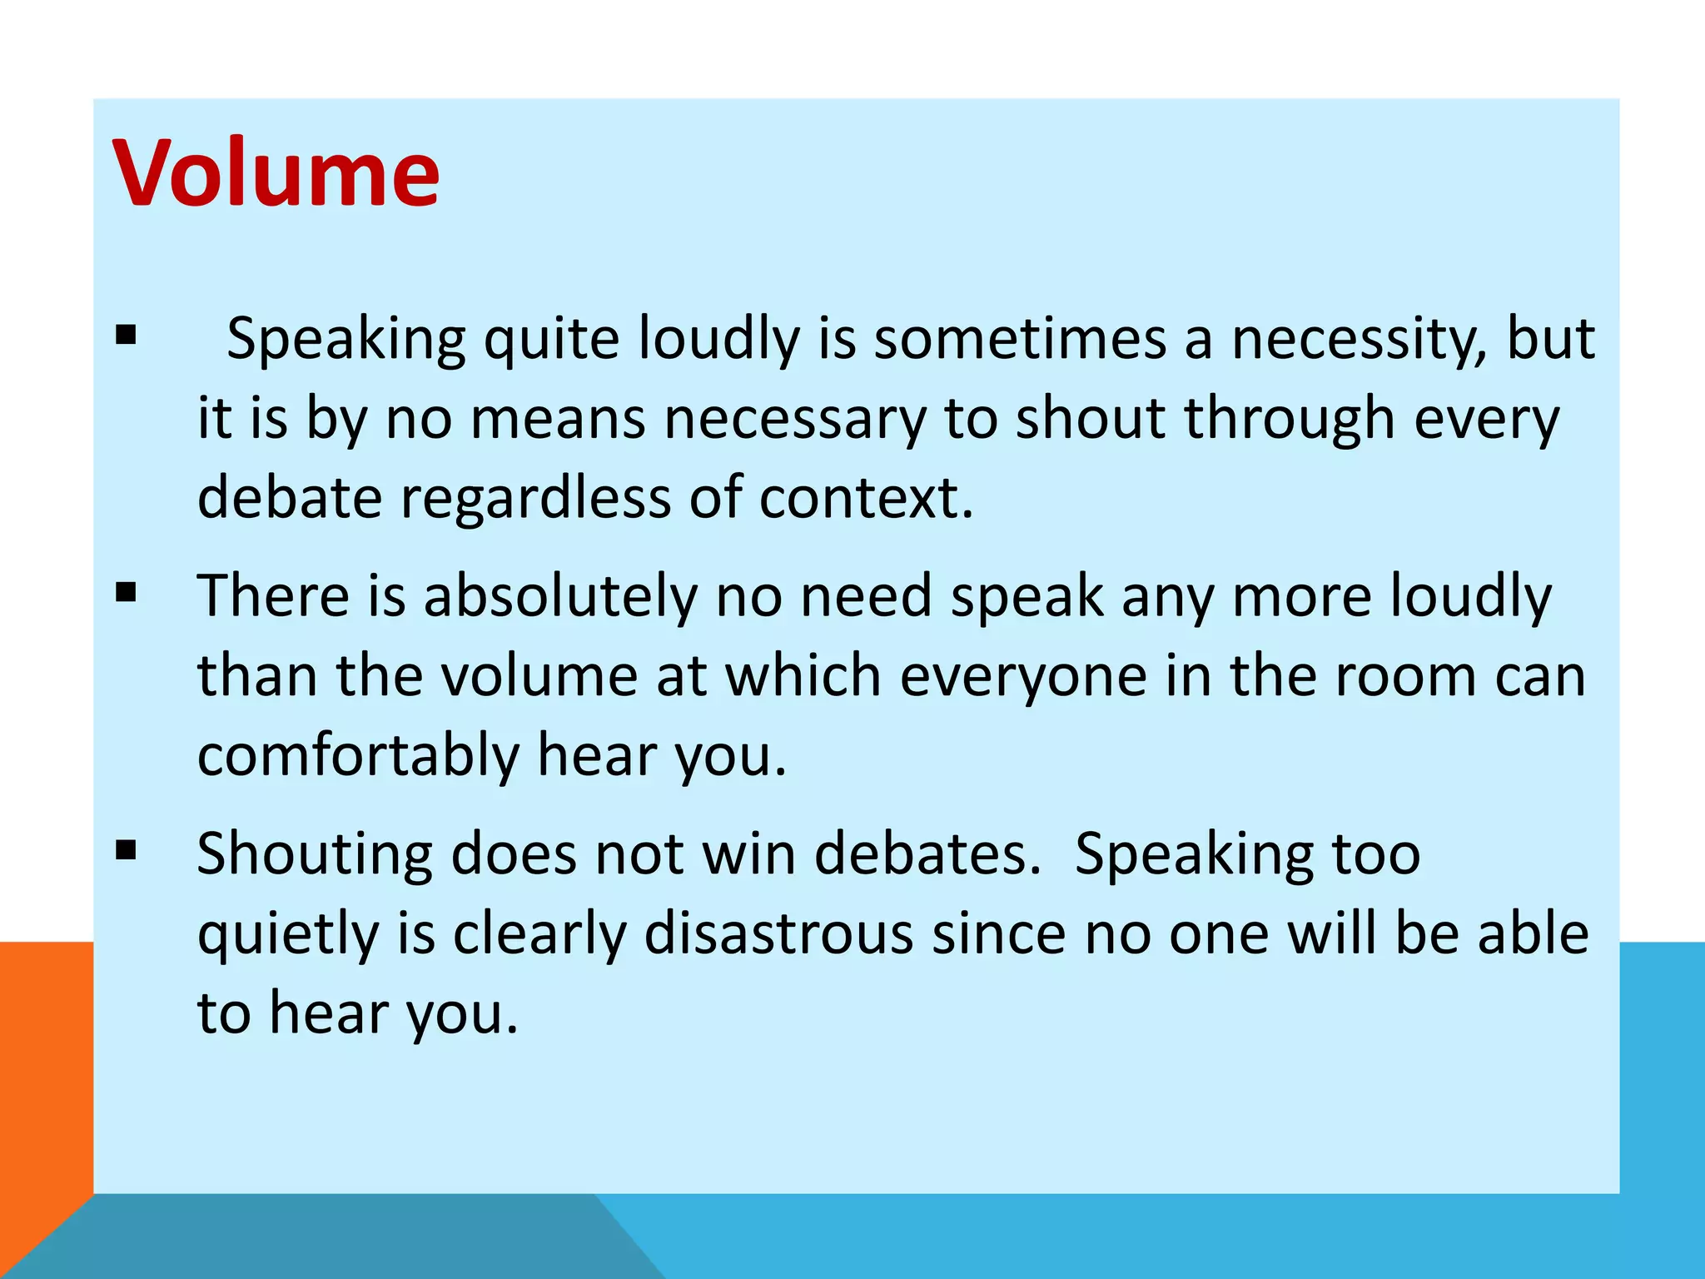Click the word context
[x=866, y=498]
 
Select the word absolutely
[x=560, y=596]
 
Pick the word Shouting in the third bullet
[x=315, y=854]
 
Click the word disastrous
[x=778, y=934]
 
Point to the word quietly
[x=288, y=934]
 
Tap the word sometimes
[x=1020, y=340]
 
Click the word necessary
[x=795, y=418]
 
